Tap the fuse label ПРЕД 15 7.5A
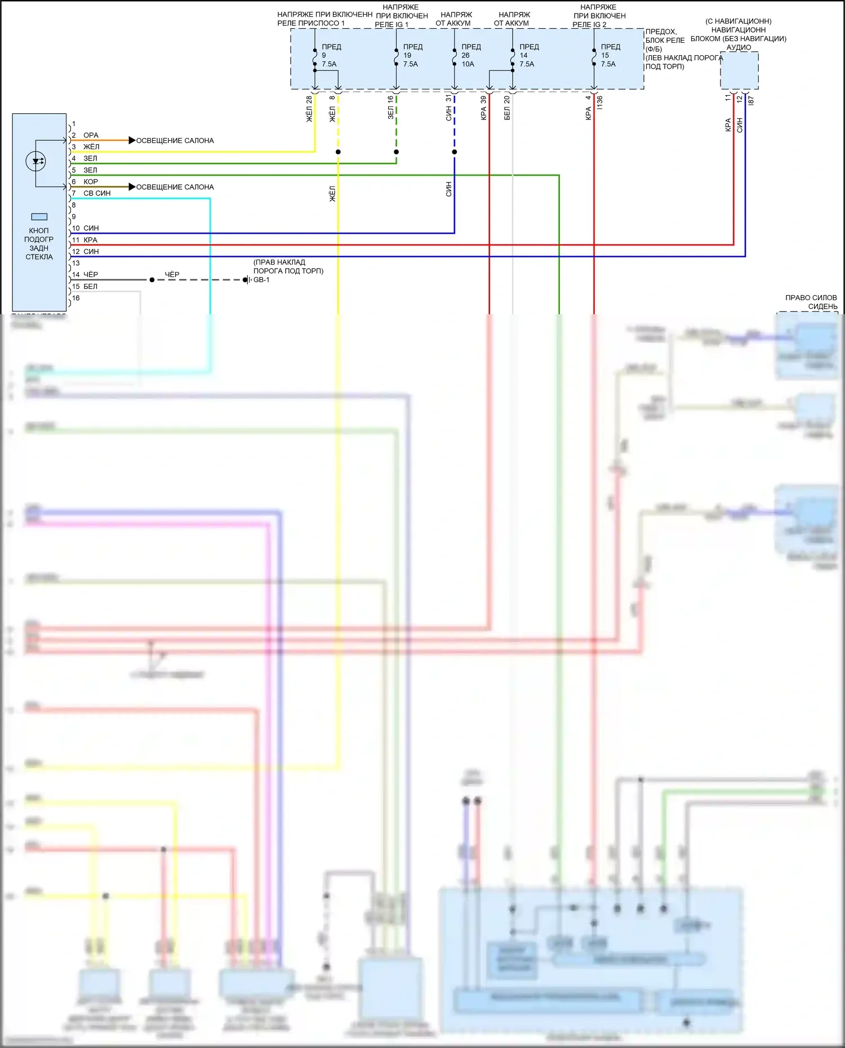coord(610,55)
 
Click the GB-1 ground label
coord(261,280)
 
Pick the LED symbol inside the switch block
coord(36,162)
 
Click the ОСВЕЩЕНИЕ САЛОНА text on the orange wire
coord(175,141)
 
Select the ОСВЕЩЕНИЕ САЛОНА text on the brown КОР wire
coord(175,187)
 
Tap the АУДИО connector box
coord(739,70)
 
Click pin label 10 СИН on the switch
coord(86,228)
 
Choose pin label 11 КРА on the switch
coord(85,240)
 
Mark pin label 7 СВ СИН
coord(92,193)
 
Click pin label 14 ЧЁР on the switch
coord(85,275)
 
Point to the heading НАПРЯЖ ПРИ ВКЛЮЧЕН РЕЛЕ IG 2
coord(598,16)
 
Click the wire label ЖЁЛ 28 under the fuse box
coord(309,109)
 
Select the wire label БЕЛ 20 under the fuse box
coord(507,108)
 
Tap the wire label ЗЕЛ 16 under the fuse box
coord(390,107)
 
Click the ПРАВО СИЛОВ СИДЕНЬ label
coord(811,302)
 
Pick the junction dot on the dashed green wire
coord(397,152)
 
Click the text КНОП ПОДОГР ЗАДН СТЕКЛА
coord(39,243)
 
